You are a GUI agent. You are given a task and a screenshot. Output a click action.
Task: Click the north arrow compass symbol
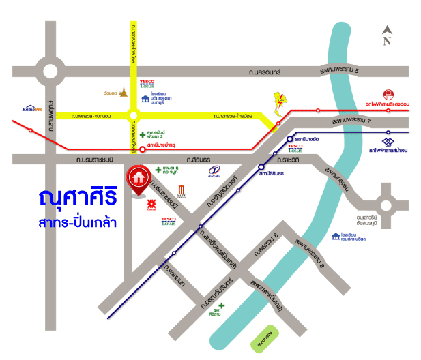(387, 35)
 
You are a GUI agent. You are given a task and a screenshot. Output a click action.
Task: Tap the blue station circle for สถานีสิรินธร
(261, 166)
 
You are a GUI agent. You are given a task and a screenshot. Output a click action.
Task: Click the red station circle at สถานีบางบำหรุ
(142, 148)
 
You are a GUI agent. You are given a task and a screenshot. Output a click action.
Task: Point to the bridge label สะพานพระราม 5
(342, 69)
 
